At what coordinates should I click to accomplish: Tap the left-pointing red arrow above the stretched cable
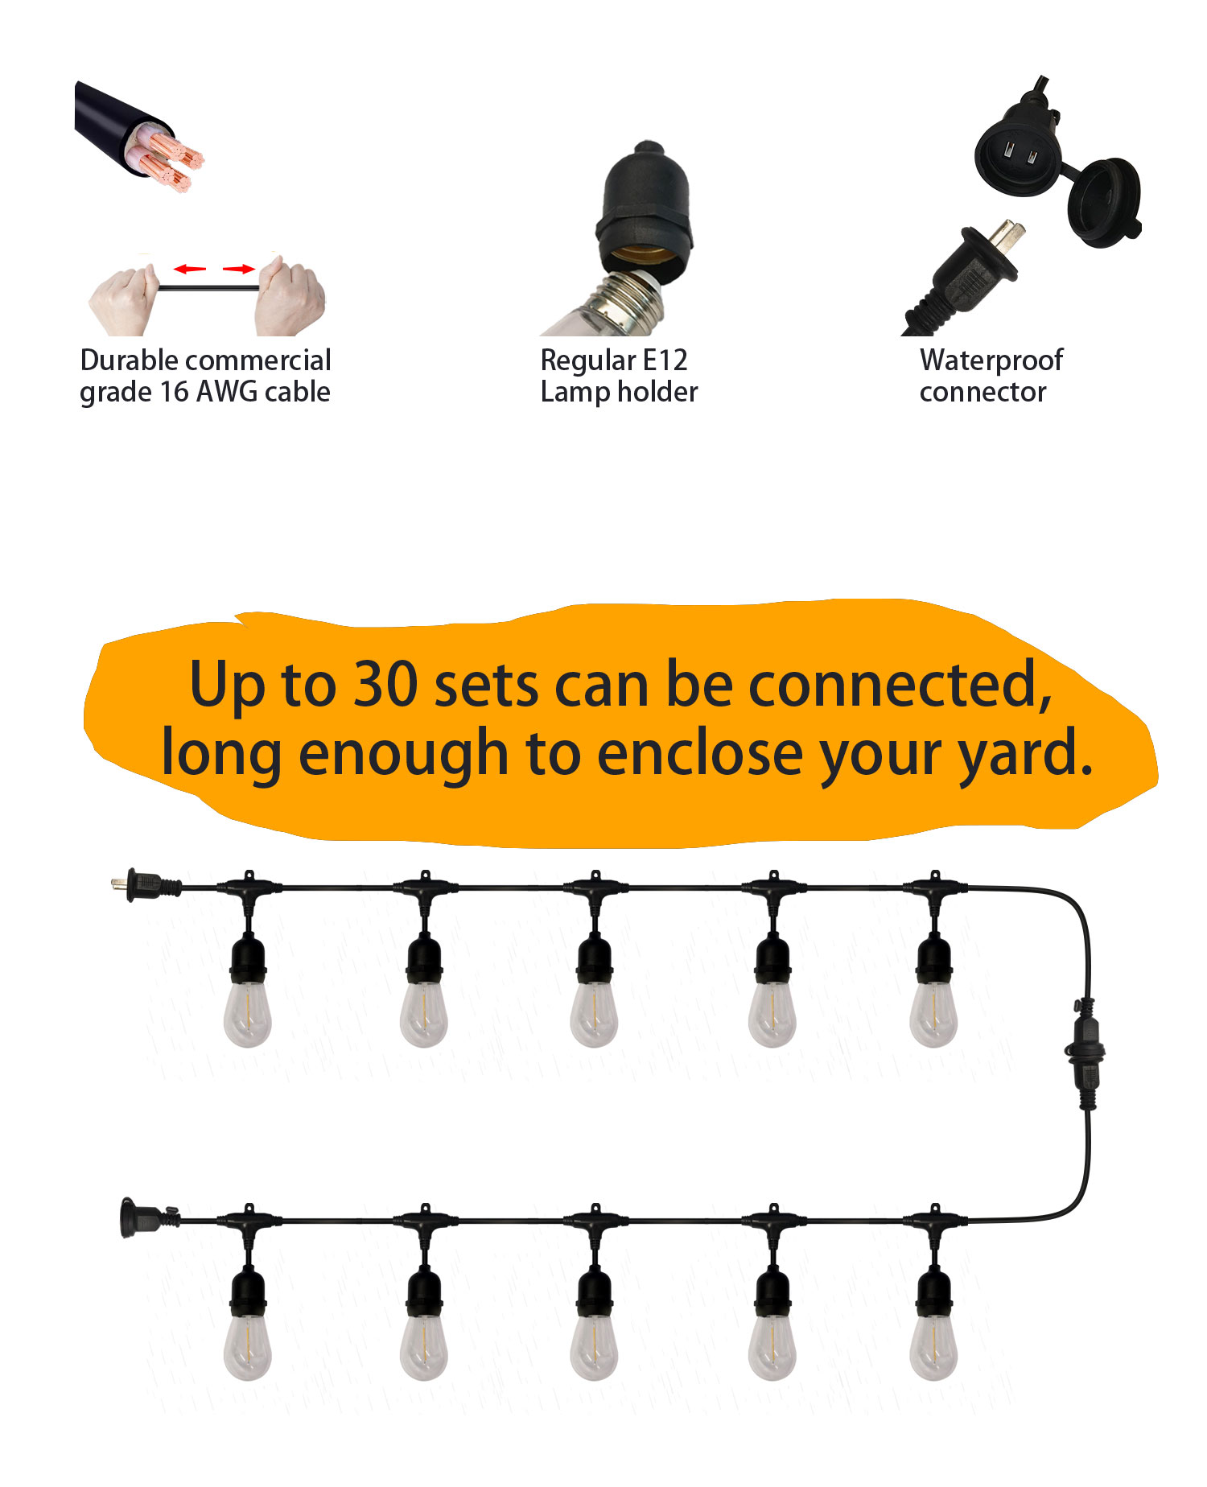190,269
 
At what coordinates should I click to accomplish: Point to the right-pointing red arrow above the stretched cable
239,269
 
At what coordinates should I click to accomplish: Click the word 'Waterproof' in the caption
991,360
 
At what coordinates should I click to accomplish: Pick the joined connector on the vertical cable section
1085,1053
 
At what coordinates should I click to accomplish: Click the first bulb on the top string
248,1015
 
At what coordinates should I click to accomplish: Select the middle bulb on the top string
594,1015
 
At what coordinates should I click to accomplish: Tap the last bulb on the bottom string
933,1348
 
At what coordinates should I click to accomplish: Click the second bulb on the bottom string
423,1348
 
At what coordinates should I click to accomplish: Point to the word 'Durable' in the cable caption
130,360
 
